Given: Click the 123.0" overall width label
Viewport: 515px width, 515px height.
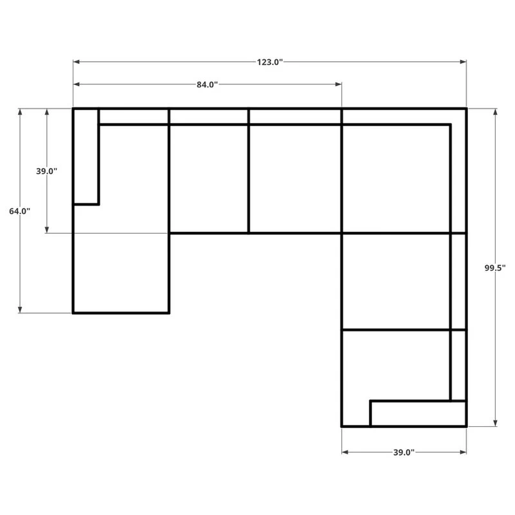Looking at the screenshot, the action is tap(270, 62).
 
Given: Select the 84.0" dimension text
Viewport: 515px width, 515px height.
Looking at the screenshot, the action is tap(207, 85).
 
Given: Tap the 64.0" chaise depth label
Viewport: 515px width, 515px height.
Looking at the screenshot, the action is tap(20, 211).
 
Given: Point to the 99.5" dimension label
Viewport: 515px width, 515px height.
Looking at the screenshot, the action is tap(495, 268).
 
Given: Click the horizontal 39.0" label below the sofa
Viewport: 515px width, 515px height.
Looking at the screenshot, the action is tap(404, 453).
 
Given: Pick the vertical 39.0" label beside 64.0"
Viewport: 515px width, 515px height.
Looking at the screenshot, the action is tap(46, 171).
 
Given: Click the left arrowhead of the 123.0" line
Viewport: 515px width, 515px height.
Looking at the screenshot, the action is tap(76, 62).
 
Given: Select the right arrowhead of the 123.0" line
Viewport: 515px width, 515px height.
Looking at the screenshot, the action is tap(463, 62).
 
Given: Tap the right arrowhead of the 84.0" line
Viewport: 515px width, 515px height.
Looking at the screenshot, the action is tap(339, 84).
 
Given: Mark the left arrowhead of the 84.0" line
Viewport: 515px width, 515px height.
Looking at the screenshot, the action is tap(76, 84).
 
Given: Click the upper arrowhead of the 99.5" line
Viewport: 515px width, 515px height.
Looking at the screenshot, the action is tap(495, 112).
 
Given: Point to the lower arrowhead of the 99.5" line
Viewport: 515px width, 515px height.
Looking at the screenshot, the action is tap(495, 423).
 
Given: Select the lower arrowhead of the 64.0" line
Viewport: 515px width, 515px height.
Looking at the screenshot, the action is tap(20, 310).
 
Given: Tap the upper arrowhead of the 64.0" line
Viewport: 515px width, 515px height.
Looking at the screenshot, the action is tap(20, 112).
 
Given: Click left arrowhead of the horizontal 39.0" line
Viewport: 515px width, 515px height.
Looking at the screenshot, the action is tap(345, 453).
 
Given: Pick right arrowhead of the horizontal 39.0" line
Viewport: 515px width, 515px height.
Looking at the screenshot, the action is tap(463, 453).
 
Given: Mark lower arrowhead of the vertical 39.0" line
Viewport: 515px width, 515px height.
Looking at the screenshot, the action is tap(47, 230).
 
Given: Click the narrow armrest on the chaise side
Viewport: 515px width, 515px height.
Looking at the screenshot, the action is tap(86, 156).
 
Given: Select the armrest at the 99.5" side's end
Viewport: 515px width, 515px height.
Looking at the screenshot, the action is tap(418, 413).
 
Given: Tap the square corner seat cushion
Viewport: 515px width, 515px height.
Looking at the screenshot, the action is tap(396, 179).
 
